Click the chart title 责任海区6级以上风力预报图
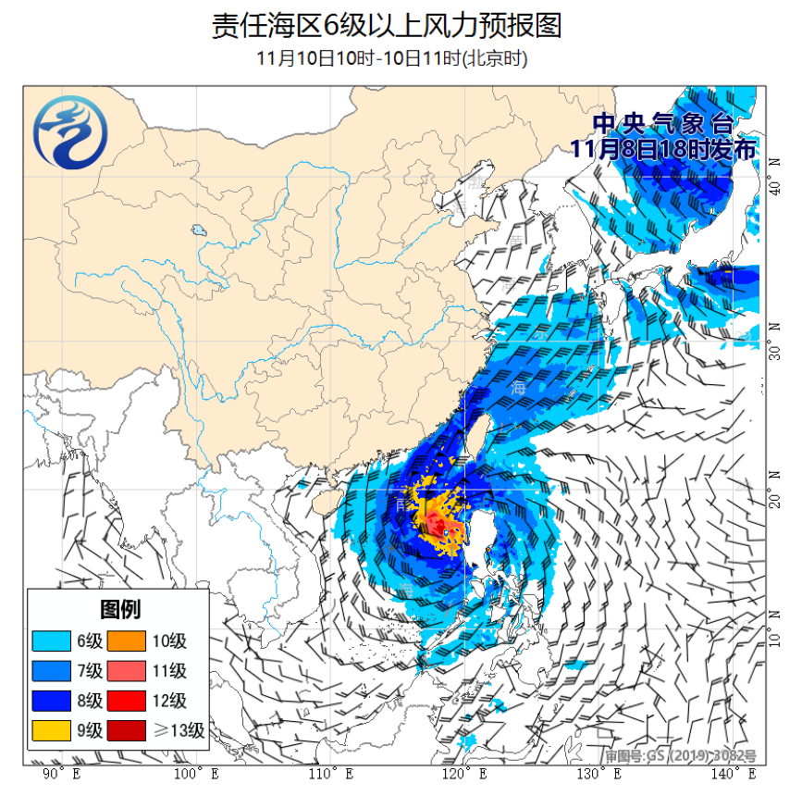[387, 25]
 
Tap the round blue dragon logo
[70, 134]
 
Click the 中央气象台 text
[661, 124]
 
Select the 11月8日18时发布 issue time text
[662, 148]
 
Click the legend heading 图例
[119, 609]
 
